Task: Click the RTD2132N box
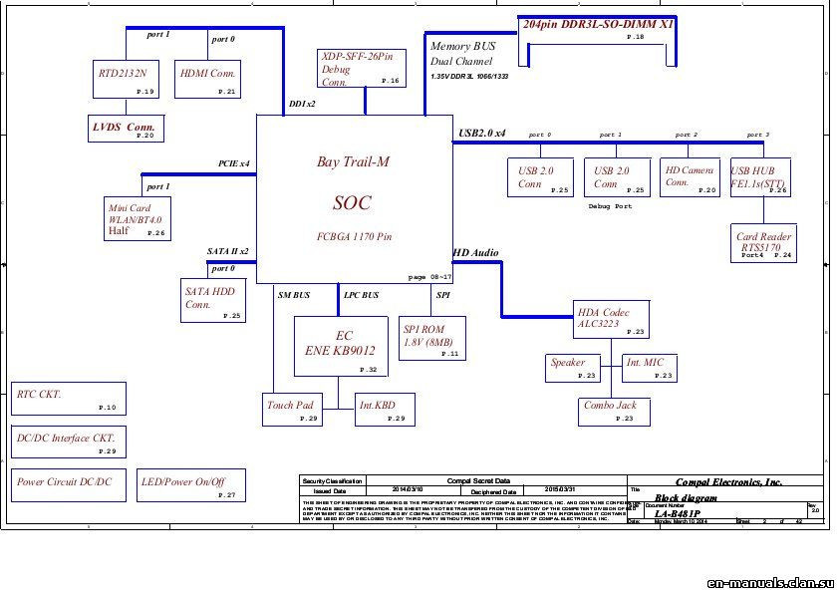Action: [124, 79]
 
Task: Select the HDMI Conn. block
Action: [209, 79]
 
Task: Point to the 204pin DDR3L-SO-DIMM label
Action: [596, 22]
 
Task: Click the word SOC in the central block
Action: [352, 203]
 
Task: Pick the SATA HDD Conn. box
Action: [211, 298]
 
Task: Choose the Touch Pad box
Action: [292, 408]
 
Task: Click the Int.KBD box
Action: [385, 408]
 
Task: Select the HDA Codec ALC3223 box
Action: [611, 319]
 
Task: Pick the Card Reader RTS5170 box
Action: [765, 242]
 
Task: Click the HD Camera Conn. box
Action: [690, 177]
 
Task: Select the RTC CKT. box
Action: [68, 399]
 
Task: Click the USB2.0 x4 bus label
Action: [482, 133]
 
